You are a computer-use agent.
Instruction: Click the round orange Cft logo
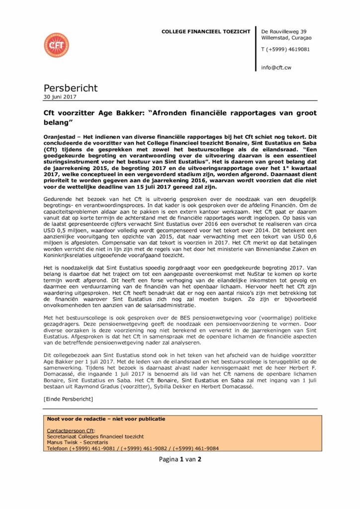coord(56,45)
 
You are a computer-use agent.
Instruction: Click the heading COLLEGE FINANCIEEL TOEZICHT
coord(205,32)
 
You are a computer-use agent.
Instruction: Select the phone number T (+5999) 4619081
coord(285,49)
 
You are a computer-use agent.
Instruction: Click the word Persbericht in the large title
coord(71,88)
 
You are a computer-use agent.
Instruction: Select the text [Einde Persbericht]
coord(68,399)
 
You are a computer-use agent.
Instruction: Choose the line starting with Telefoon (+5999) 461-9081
coord(132,448)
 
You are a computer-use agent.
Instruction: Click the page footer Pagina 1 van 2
coord(180,459)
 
